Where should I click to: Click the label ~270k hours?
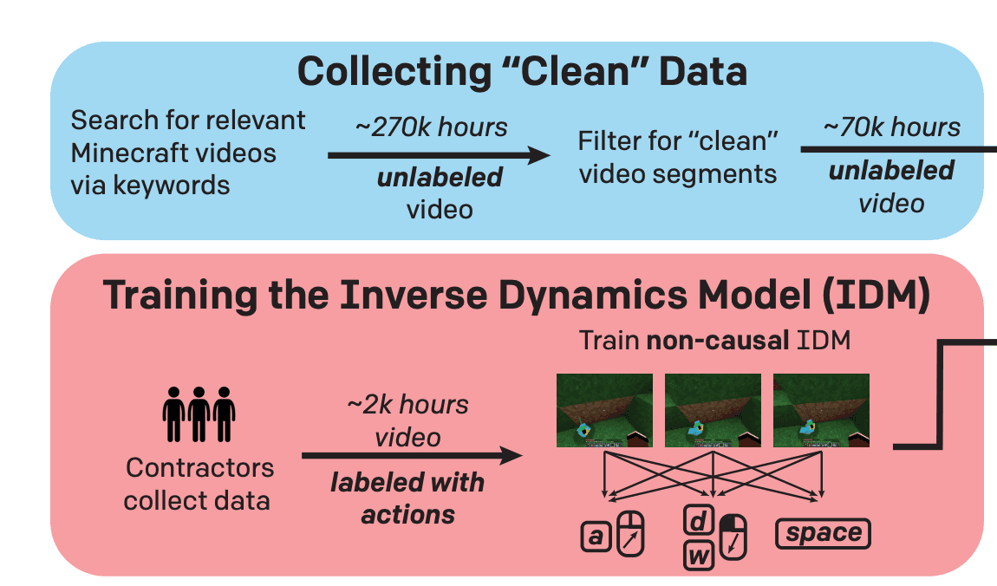tap(431, 127)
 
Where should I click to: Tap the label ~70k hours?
tap(891, 127)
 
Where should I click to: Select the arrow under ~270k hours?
tap(439, 156)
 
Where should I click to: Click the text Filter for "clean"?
tap(679, 140)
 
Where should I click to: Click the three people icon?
tap(199, 415)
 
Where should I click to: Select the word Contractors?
tap(199, 468)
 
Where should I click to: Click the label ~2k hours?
tap(407, 405)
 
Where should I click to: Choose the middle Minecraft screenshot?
tap(713, 410)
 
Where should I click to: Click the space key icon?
tap(824, 533)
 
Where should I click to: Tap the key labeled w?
tap(698, 555)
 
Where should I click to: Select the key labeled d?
tap(698, 520)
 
